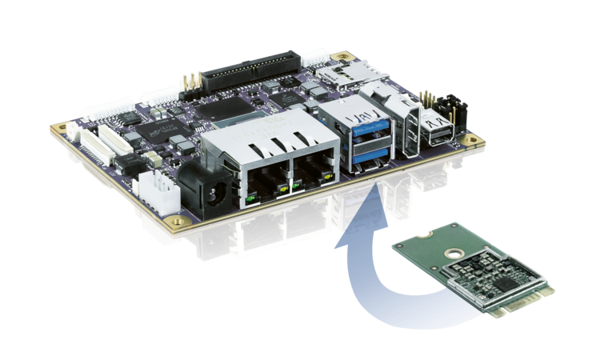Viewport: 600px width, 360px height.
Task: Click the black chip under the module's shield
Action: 504,283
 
